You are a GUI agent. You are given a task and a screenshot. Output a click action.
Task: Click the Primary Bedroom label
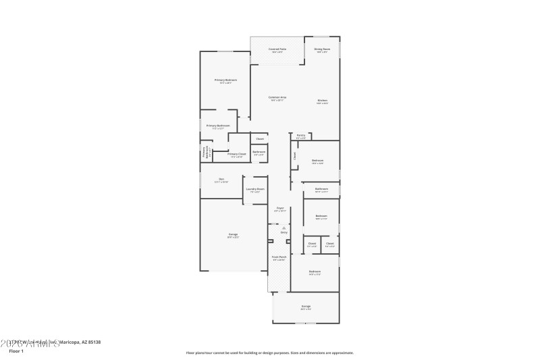click(225, 80)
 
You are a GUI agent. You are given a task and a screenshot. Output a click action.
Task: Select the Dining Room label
click(322, 49)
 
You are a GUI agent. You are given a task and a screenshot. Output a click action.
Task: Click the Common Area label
click(277, 97)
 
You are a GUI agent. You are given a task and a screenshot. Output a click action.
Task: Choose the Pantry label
click(301, 135)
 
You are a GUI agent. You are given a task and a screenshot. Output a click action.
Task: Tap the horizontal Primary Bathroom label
click(218, 126)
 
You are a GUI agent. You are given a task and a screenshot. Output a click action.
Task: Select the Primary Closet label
click(237, 154)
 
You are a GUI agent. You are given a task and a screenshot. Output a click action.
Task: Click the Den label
click(221, 179)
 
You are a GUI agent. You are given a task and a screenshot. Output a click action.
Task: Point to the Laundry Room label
click(254, 189)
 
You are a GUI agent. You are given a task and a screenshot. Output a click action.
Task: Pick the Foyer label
click(279, 208)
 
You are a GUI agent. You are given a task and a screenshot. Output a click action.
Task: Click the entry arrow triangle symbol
click(284, 228)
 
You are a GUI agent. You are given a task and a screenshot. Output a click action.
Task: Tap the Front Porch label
click(279, 257)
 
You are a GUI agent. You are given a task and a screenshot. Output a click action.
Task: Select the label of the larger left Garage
click(232, 234)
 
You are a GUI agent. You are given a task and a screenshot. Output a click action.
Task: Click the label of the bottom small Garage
click(306, 306)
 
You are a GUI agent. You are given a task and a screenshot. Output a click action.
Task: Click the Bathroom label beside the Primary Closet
click(259, 152)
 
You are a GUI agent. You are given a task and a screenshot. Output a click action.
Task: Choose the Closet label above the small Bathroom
click(259, 138)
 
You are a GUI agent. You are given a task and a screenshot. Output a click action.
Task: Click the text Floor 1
click(16, 351)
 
